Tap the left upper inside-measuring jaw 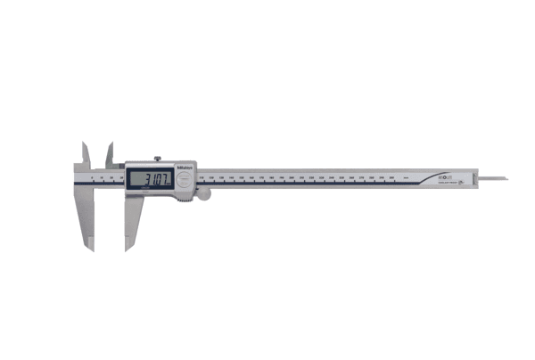coord(85,152)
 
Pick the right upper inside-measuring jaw coord(109,153)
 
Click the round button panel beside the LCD coord(185,181)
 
